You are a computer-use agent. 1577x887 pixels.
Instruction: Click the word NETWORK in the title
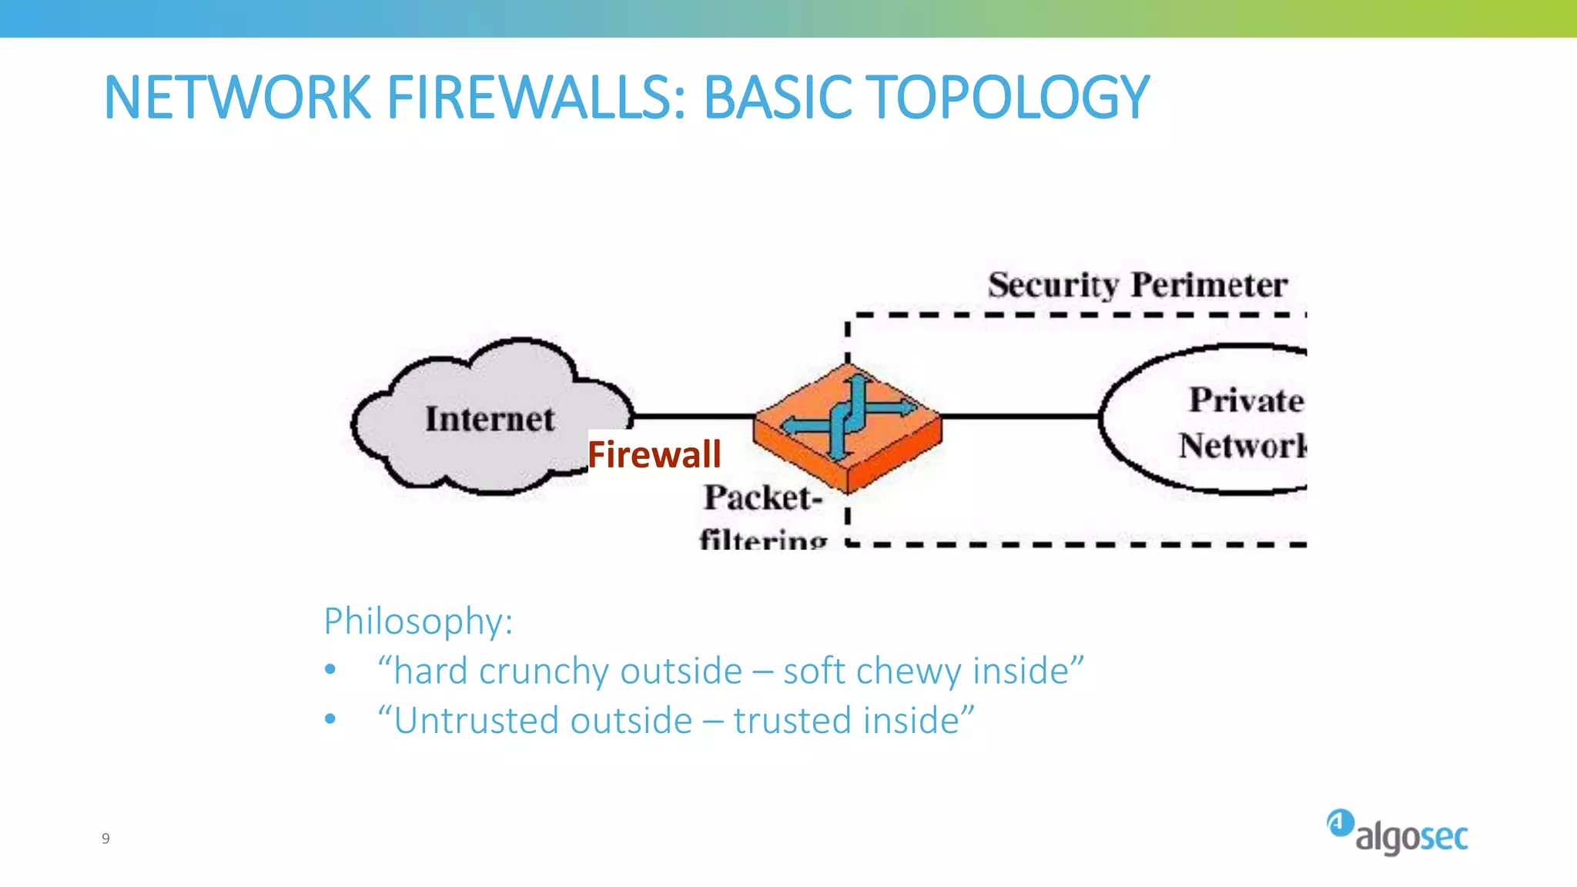tap(237, 98)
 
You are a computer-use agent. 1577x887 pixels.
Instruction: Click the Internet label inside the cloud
tap(490, 420)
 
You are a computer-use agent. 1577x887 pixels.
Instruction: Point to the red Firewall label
tap(655, 454)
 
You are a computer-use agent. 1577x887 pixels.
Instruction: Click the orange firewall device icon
tap(847, 427)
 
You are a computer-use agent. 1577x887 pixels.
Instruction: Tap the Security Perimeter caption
tap(1137, 286)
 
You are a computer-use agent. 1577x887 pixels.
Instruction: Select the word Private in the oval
tap(1246, 400)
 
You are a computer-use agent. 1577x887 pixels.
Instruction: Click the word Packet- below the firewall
tap(762, 498)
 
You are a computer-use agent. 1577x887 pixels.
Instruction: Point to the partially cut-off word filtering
tap(762, 539)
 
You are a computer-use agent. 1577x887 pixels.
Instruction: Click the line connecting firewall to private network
tap(1020, 417)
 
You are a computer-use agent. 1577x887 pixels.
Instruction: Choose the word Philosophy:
tap(418, 621)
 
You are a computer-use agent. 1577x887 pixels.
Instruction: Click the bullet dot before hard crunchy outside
tap(330, 670)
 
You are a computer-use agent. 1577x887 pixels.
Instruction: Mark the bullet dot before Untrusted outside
tap(330, 720)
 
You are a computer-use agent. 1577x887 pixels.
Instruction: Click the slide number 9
tap(105, 838)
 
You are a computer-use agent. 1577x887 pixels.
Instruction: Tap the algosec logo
tap(1397, 833)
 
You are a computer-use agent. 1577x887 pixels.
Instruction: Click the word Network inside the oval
tap(1241, 446)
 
